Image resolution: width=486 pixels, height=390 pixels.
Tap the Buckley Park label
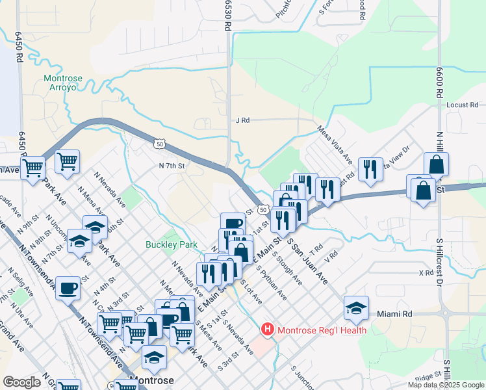pos(170,245)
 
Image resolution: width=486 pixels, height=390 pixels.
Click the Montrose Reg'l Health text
pos(322,330)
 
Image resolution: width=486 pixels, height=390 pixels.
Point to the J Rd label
pos(242,120)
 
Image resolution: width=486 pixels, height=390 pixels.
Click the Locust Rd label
pos(462,105)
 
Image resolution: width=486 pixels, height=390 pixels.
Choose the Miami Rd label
pos(394,314)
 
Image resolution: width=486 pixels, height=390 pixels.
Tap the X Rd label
pos(426,273)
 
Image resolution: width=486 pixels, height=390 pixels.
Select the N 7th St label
pos(172,166)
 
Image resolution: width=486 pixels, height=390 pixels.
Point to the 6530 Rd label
pos(228,16)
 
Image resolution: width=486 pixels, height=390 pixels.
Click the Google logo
pos(21,382)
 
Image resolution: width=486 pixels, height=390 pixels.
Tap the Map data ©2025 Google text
pos(446,385)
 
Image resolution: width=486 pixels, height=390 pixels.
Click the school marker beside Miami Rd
pos(356,309)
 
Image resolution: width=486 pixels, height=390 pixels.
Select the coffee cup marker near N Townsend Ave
pos(68,289)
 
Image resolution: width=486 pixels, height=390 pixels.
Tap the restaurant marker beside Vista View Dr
pos(370,170)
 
